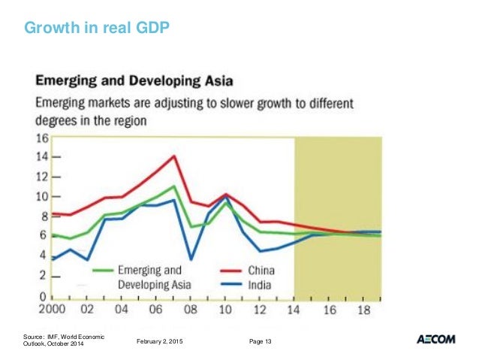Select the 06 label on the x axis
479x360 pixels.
[155, 309]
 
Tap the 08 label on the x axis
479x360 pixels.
[190, 309]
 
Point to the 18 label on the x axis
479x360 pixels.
[363, 309]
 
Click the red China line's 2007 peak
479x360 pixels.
[174, 156]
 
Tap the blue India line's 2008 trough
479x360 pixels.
[191, 259]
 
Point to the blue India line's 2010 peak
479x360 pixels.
[226, 197]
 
